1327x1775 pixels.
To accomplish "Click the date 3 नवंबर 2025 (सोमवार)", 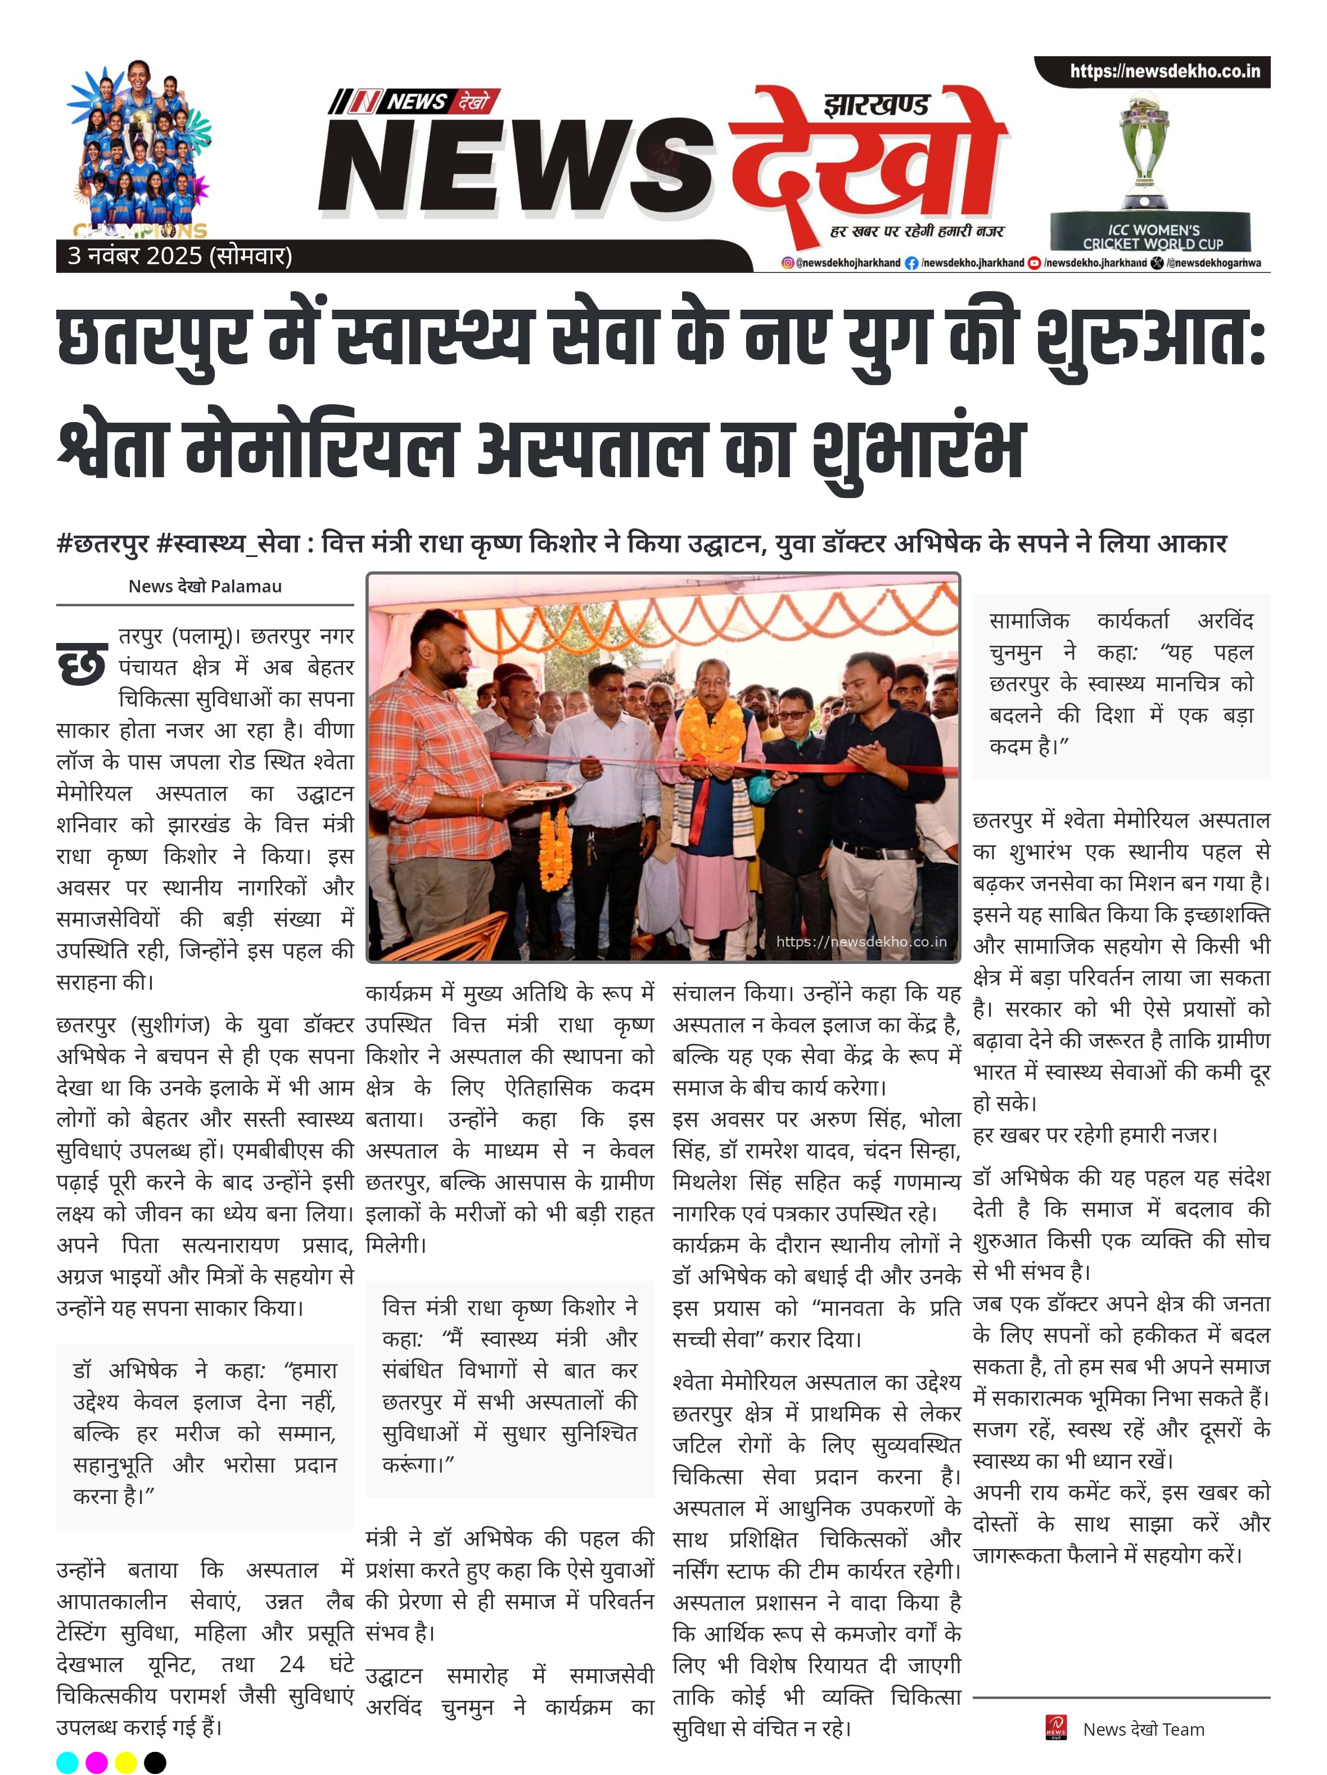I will pos(180,256).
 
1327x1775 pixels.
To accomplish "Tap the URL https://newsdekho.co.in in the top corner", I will pos(1164,71).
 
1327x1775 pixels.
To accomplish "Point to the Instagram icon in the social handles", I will pos(788,263).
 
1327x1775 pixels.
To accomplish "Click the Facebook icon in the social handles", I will pos(911,263).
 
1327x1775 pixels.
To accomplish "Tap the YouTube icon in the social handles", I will pos(1034,263).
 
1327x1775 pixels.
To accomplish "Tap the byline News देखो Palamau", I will pos(205,587).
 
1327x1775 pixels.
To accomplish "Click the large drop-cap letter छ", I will pos(81,664).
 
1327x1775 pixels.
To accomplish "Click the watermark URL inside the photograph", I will pos(861,941).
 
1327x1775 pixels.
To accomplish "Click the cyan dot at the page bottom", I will pos(68,1762).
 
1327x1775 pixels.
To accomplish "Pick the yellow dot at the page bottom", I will pos(126,1762).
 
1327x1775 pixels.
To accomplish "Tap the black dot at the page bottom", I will pos(155,1762).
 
